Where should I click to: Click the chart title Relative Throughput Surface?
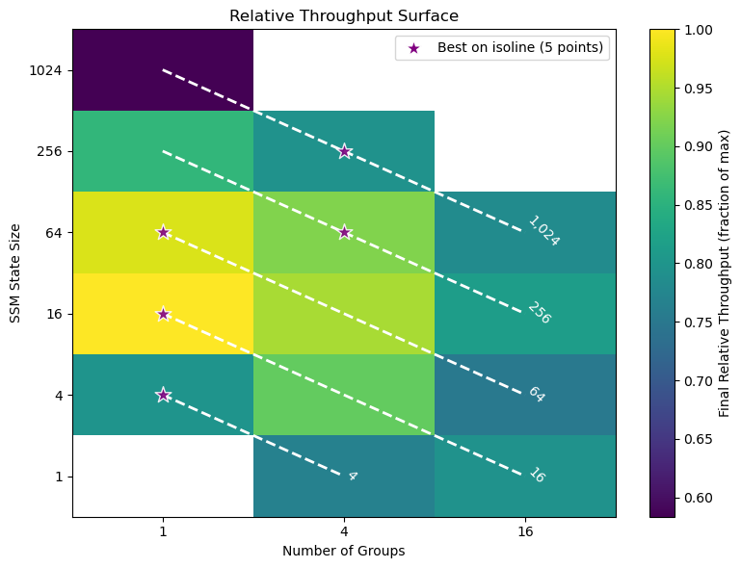point(343,15)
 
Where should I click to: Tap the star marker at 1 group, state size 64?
point(163,232)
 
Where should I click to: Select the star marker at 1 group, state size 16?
point(163,314)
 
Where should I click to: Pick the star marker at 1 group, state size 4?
point(163,395)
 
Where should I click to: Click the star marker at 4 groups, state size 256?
point(344,151)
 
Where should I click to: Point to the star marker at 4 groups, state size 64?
point(344,232)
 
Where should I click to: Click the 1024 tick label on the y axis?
point(46,70)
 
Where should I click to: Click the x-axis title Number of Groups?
point(343,551)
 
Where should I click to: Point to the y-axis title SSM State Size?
point(15,273)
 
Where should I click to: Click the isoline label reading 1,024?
point(543,231)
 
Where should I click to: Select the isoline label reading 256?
point(539,313)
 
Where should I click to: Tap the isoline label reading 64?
point(536,395)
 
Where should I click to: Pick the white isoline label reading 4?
point(352,476)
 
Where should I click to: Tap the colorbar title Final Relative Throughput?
point(724,273)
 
